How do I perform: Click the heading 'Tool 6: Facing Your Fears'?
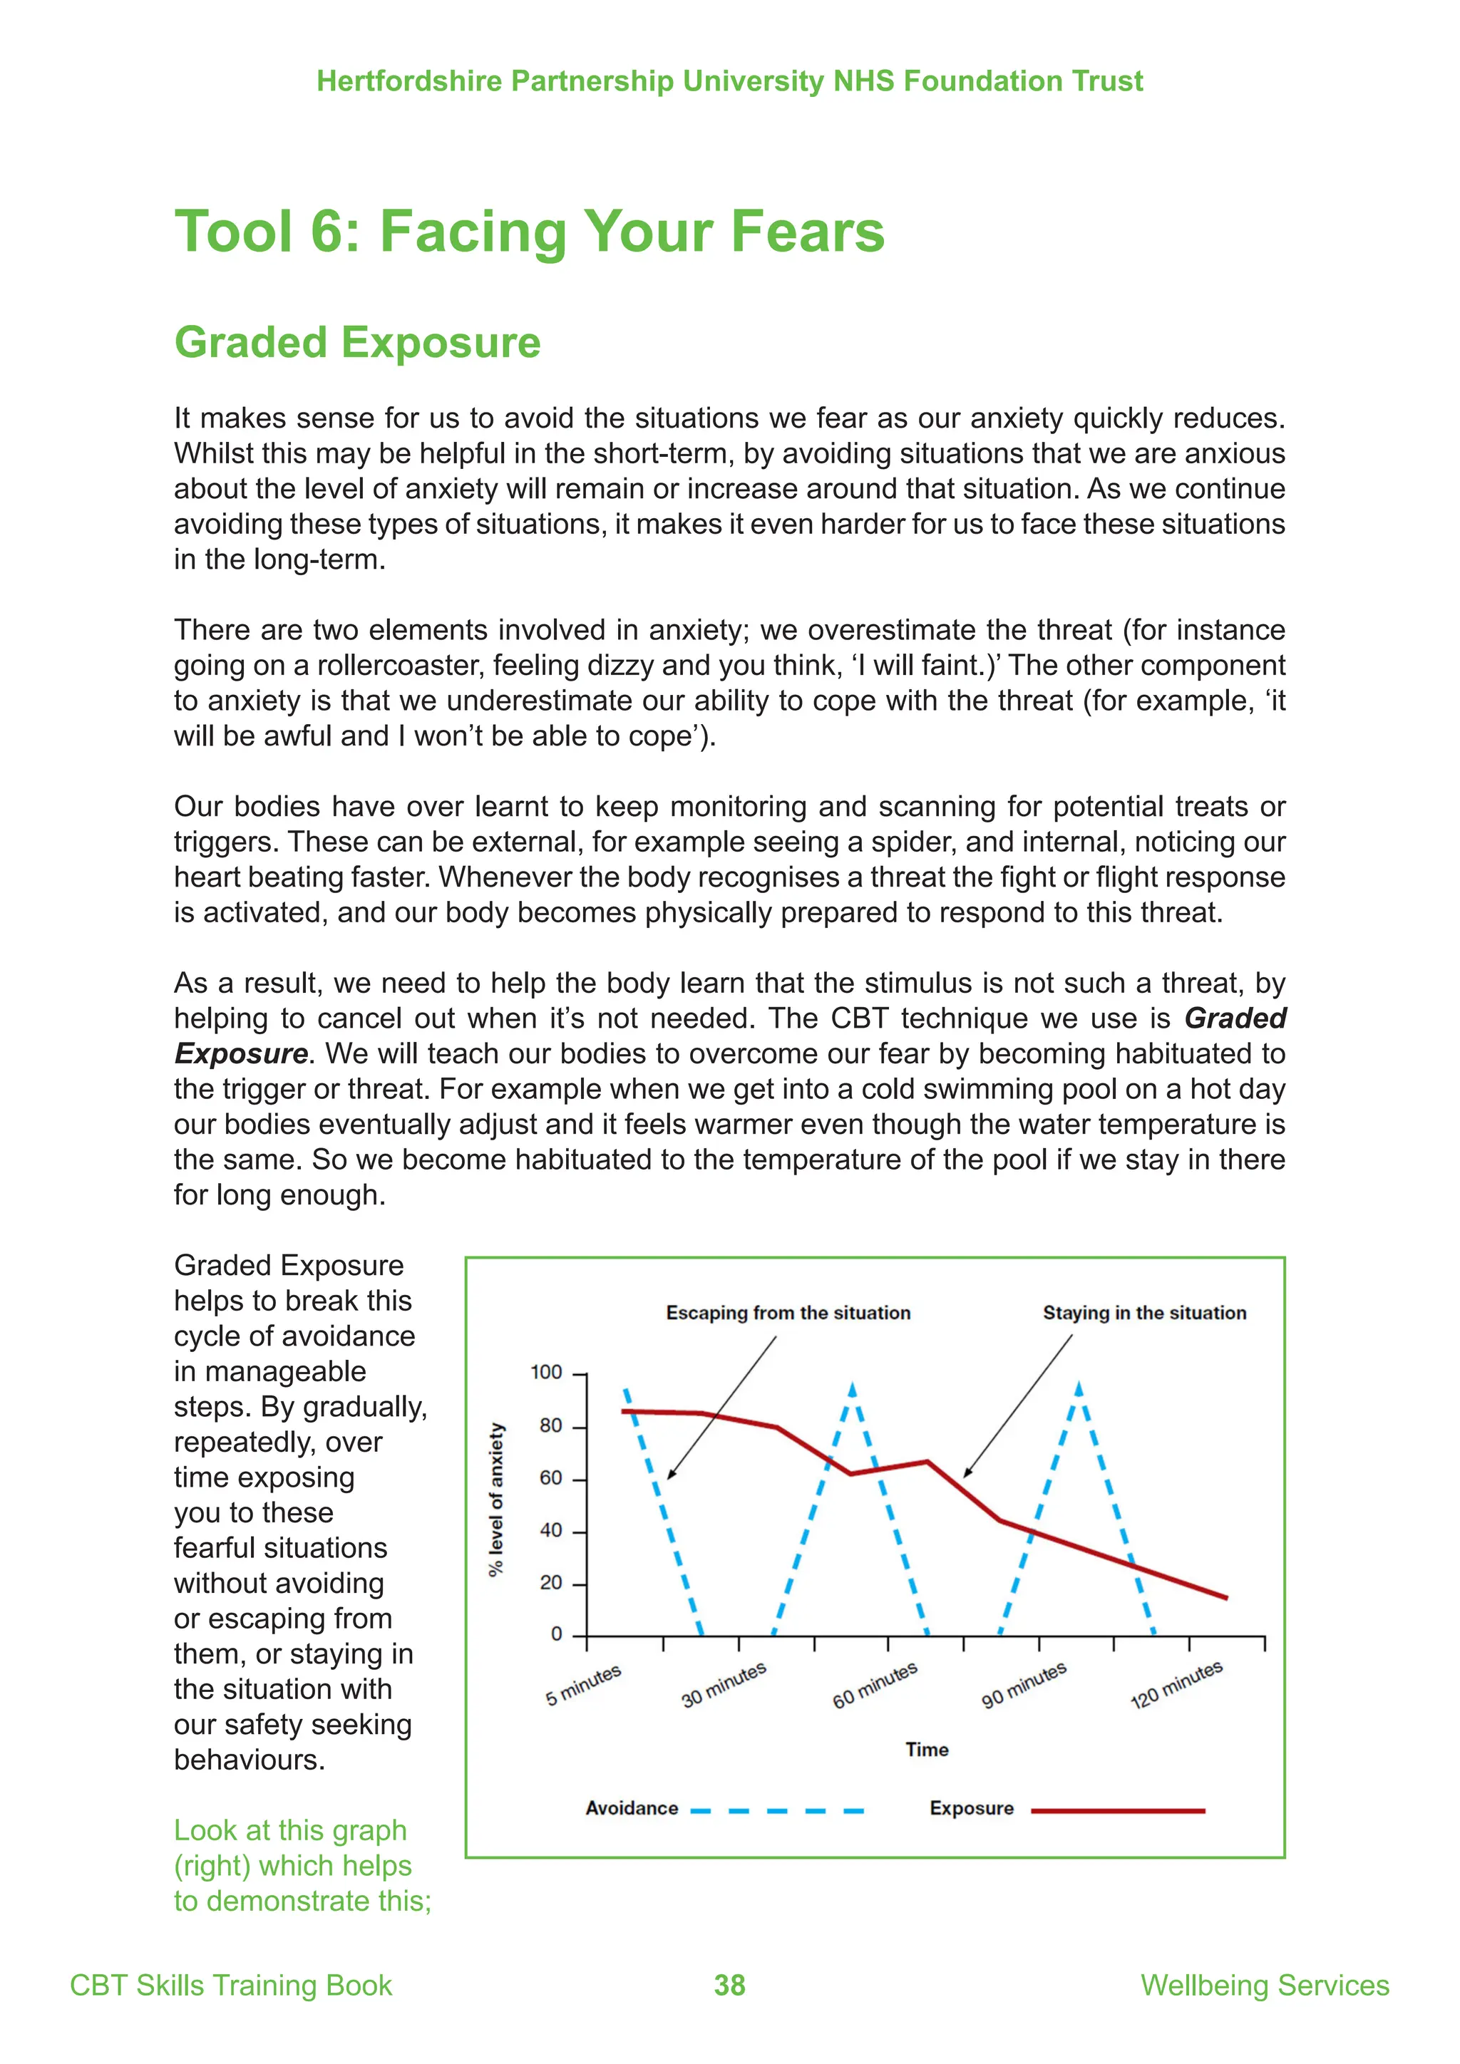tap(530, 231)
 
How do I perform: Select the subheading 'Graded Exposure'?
tap(357, 343)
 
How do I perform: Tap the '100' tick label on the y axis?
tap(545, 1373)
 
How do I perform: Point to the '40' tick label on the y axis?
tap(550, 1530)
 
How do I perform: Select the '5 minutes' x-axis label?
tap(583, 1685)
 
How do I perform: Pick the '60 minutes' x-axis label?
tap(875, 1685)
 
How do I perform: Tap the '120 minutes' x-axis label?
tap(1176, 1685)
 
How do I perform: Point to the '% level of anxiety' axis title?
tap(495, 1500)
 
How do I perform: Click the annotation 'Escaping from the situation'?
tap(788, 1313)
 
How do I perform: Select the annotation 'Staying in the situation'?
tap(1144, 1313)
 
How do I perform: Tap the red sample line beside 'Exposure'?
tap(1118, 1810)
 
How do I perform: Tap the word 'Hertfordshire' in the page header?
tap(409, 81)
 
